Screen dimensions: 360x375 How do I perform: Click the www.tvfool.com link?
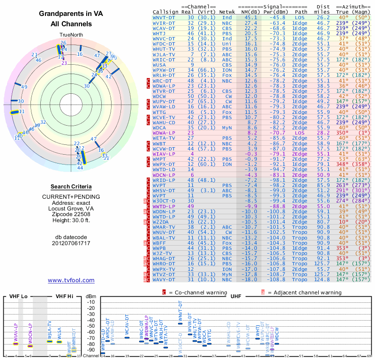click(71, 280)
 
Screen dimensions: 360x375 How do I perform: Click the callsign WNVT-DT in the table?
click(164, 17)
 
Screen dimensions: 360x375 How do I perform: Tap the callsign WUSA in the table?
click(160, 65)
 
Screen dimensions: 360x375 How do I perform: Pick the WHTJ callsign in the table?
click(160, 33)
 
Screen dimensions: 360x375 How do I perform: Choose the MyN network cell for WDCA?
click(227, 127)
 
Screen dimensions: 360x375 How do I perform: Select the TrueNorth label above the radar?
click(71, 36)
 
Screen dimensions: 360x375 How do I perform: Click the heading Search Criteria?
click(71, 187)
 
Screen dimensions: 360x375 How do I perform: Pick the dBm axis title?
click(91, 296)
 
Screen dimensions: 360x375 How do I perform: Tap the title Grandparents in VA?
click(71, 15)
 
